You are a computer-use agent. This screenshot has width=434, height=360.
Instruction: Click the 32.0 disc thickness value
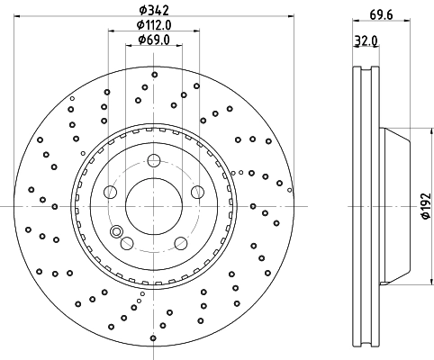pos(364,42)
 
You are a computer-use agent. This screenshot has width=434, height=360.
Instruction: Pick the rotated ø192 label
pos(423,205)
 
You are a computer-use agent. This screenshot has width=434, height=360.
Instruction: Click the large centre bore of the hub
pos(153,205)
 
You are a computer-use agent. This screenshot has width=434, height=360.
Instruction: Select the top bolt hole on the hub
pos(153,161)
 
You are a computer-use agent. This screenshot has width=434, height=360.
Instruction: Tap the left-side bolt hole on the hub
pos(110,192)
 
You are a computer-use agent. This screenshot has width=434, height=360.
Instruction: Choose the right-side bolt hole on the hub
pos(196,192)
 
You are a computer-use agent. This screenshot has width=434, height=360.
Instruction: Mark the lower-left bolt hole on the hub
pos(126,243)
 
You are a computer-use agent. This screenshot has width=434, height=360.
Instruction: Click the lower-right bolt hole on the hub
pos(180,243)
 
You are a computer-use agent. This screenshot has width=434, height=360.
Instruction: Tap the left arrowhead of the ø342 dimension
pos(14,15)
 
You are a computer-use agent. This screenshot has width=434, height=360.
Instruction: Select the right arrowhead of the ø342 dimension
pos(293,15)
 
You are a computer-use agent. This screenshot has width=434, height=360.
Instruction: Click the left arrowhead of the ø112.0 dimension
pos(112,31)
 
